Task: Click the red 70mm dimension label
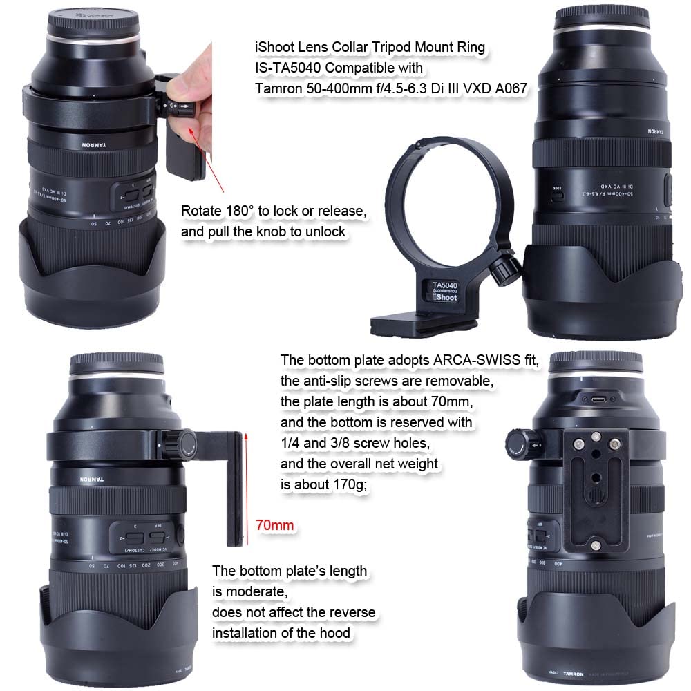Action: click(x=274, y=526)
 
